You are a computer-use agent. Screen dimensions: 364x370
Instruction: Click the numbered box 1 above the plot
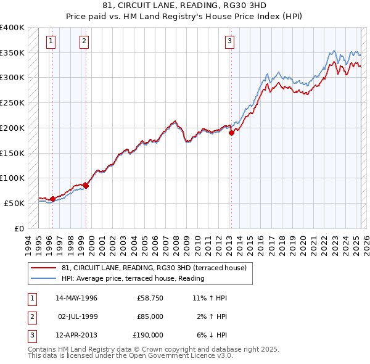(51, 41)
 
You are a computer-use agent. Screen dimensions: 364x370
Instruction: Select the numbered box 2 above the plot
(83, 41)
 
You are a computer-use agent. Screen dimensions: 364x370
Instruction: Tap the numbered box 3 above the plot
(229, 41)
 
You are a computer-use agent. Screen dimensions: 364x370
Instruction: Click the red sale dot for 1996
(52, 199)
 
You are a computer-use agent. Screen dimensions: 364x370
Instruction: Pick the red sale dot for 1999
(86, 186)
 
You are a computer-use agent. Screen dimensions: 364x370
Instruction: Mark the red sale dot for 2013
(231, 132)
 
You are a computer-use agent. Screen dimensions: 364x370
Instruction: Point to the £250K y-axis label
(12, 103)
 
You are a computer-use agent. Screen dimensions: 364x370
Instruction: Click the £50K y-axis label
(14, 203)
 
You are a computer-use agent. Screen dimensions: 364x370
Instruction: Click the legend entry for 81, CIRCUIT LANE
(154, 268)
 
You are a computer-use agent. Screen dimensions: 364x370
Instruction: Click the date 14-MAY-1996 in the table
(76, 298)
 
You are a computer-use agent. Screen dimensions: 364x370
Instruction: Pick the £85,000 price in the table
(150, 316)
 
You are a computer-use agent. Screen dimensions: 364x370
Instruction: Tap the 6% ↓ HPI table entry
(210, 335)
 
